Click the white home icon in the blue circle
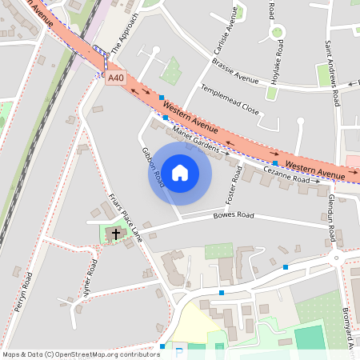pos(180,172)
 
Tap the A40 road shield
pos(116,78)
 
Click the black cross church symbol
pos(116,234)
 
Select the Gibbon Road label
pos(153,167)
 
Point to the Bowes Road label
pos(233,216)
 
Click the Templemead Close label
pos(230,98)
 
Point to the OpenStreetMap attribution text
pos(81,354)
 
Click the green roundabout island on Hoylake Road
pos(278,33)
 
